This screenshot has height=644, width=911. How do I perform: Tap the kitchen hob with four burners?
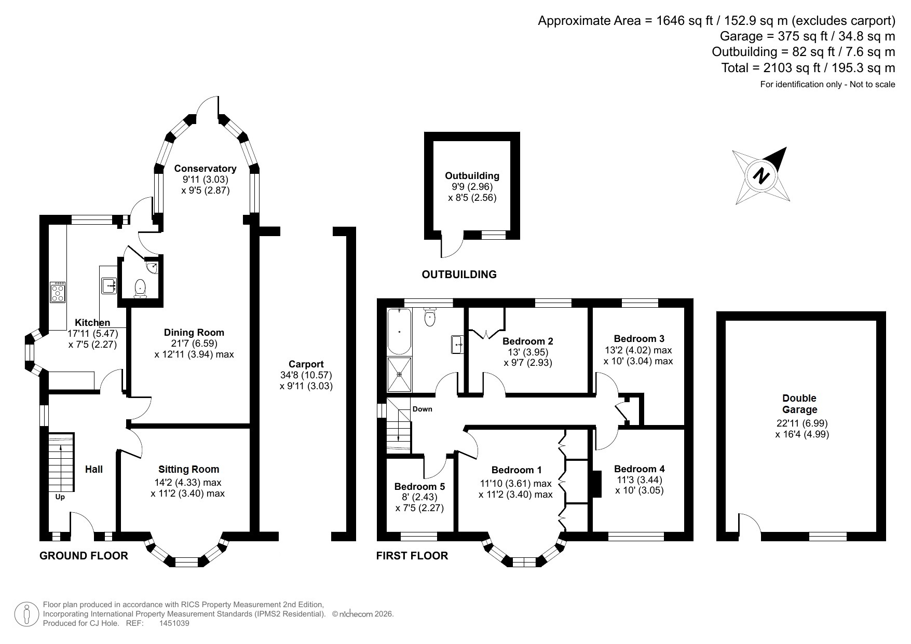(x=58, y=292)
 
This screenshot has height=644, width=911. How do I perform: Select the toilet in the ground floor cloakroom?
(x=140, y=289)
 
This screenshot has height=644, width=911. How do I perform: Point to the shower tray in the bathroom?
(x=399, y=374)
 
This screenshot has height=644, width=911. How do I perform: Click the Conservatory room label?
(x=205, y=168)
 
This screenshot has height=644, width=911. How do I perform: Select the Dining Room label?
(x=194, y=332)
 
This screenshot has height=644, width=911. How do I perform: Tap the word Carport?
(x=306, y=364)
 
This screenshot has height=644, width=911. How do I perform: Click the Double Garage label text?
(x=799, y=404)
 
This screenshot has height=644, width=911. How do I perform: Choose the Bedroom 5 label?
(x=419, y=487)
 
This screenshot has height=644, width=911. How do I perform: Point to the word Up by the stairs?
(x=60, y=497)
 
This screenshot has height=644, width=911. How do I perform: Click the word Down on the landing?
(x=422, y=409)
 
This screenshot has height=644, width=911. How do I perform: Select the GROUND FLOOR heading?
(x=84, y=556)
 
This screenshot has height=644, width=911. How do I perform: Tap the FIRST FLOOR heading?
(x=412, y=556)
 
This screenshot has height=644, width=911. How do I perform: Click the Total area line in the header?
(x=808, y=68)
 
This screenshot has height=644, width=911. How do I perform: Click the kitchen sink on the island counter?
(x=110, y=285)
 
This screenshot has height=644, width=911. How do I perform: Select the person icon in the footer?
(x=26, y=614)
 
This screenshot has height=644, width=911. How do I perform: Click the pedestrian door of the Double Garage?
(x=749, y=525)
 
